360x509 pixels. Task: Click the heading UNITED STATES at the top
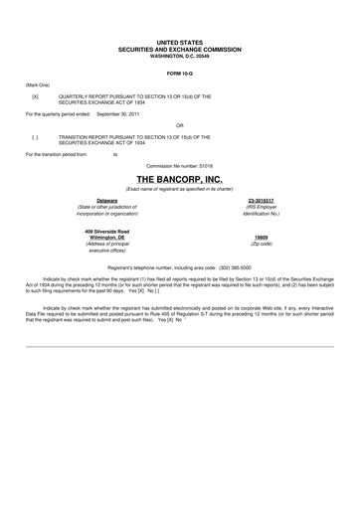click(180, 42)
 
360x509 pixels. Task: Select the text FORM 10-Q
click(180, 73)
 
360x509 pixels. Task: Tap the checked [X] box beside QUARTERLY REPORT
click(35, 95)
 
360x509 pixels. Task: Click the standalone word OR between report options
click(180, 125)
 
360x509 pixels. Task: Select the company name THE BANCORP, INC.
click(180, 176)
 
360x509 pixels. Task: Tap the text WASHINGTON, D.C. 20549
click(180, 54)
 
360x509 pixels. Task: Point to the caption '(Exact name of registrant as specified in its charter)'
click(180, 186)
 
